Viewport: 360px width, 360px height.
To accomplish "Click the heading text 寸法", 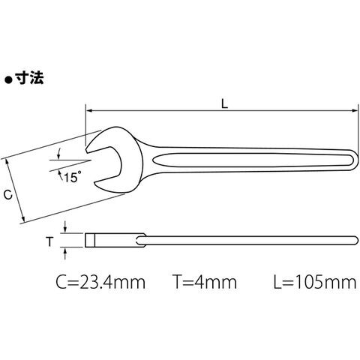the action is pyautogui.click(x=29, y=78).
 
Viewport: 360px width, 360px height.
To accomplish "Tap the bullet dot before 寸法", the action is pyautogui.click(x=9, y=80).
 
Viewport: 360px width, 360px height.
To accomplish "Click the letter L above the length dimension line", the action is pyautogui.click(x=225, y=103).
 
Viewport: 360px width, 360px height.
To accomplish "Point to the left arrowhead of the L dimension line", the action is pyautogui.click(x=89, y=110).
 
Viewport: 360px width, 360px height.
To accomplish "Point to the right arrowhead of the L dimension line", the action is pyautogui.click(x=355, y=110).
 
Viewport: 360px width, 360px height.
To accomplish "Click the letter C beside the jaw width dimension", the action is pyautogui.click(x=8, y=194).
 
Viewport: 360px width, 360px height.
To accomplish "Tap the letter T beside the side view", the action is pyautogui.click(x=49, y=241).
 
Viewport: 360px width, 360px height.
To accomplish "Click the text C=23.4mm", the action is pyautogui.click(x=100, y=282).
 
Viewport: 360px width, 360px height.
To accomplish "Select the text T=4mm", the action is pyautogui.click(x=205, y=282).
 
